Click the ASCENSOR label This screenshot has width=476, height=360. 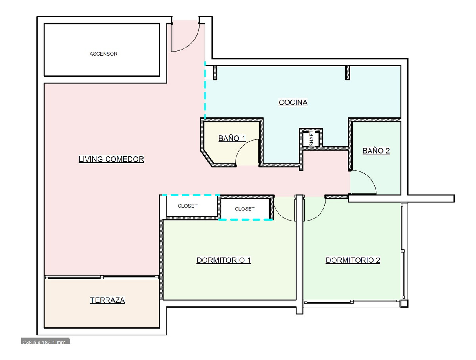103,54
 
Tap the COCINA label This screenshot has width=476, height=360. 293,102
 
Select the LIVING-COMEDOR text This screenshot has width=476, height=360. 111,159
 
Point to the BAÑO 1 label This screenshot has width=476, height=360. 232,138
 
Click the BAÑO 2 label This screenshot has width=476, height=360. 376,151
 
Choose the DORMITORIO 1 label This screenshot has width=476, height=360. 224,260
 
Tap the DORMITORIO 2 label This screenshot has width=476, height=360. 353,260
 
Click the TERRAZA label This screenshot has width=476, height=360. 107,300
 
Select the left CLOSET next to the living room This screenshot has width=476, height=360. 188,206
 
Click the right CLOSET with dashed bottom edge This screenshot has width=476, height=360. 244,209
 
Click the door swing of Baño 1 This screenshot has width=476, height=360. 247,152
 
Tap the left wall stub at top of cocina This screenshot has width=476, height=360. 215,73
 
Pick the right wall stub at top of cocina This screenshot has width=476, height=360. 348,73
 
